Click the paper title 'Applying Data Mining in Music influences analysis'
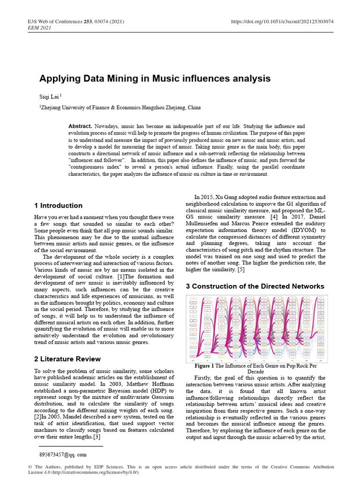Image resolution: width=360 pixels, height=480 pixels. (155, 78)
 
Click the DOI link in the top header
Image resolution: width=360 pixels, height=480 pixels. (283, 22)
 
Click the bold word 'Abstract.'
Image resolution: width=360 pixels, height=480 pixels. (80, 127)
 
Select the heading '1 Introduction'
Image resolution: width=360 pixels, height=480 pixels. (58, 205)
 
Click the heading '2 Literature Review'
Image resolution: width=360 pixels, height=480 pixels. (67, 359)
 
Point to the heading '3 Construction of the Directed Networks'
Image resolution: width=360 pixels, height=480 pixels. (255, 286)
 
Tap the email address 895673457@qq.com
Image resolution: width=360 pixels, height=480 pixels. (62, 455)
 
